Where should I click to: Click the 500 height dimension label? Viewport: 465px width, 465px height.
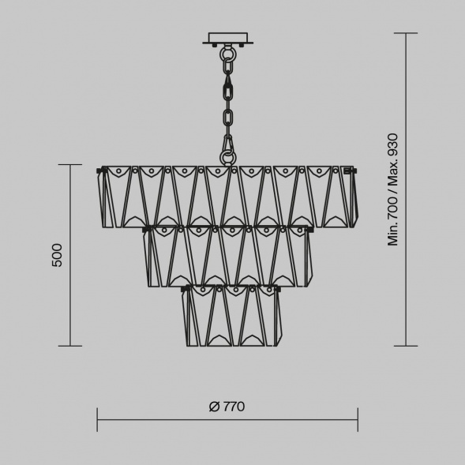coord(57,255)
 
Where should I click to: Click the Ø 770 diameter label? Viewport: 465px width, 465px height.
coord(227,407)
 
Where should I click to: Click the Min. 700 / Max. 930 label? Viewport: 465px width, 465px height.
coord(393,189)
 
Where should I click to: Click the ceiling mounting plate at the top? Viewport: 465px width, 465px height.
coord(228,38)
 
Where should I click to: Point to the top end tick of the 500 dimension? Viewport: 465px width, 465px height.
coord(70,165)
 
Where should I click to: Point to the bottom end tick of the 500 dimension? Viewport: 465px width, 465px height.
coord(70,346)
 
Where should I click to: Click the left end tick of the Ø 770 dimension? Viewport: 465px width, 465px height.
coord(97,419)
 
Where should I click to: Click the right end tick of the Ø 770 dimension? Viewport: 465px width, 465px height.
coord(358,419)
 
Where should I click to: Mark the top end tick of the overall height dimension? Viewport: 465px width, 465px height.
coord(406,34)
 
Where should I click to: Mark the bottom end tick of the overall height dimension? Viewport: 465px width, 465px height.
coord(406,346)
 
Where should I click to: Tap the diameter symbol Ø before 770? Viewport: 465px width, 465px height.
coord(214,407)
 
